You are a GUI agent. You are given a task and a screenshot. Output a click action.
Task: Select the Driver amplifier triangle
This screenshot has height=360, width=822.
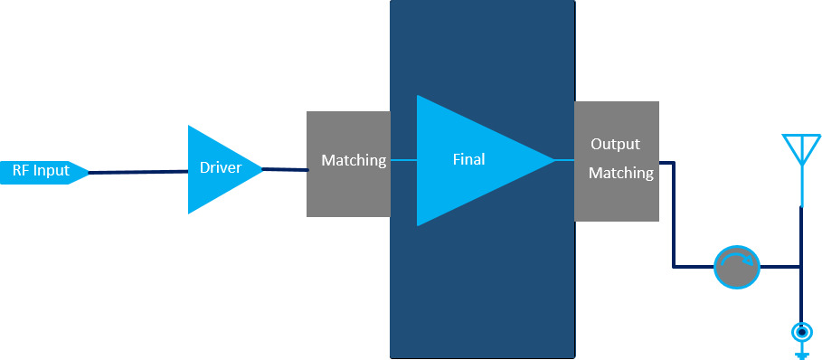tap(220, 169)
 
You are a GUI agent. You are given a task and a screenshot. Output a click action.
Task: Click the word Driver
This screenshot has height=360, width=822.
tap(221, 167)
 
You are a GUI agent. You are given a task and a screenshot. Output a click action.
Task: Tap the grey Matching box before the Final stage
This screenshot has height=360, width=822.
tap(349, 164)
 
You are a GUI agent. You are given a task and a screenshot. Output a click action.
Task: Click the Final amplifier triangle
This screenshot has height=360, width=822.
tap(472, 160)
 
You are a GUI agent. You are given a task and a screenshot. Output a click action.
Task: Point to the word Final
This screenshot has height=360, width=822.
tap(469, 159)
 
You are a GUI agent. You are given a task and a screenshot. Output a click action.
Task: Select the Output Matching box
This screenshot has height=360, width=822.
tap(617, 161)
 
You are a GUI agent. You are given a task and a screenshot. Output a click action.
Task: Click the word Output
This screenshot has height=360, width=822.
tap(616, 144)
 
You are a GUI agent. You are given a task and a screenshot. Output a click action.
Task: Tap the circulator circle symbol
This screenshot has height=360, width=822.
tap(737, 267)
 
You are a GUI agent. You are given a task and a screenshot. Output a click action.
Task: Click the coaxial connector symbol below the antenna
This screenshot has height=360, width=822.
tap(801, 332)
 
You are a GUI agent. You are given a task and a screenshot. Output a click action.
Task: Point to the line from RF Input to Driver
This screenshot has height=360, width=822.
tap(138, 172)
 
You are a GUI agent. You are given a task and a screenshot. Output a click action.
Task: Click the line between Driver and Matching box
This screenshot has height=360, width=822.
tap(285, 169)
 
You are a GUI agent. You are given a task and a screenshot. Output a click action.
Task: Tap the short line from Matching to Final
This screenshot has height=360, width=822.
tap(403, 160)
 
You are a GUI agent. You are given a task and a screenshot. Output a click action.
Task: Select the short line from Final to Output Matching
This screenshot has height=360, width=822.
tap(564, 160)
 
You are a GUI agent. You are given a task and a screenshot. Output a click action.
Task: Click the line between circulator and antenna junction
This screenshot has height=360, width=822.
tap(780, 267)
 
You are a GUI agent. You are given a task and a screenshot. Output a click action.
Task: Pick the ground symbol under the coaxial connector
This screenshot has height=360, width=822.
tap(801, 352)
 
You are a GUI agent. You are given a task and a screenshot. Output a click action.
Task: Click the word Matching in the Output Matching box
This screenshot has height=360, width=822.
tap(621, 173)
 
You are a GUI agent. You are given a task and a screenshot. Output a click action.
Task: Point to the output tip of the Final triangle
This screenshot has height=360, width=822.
tap(556, 160)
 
